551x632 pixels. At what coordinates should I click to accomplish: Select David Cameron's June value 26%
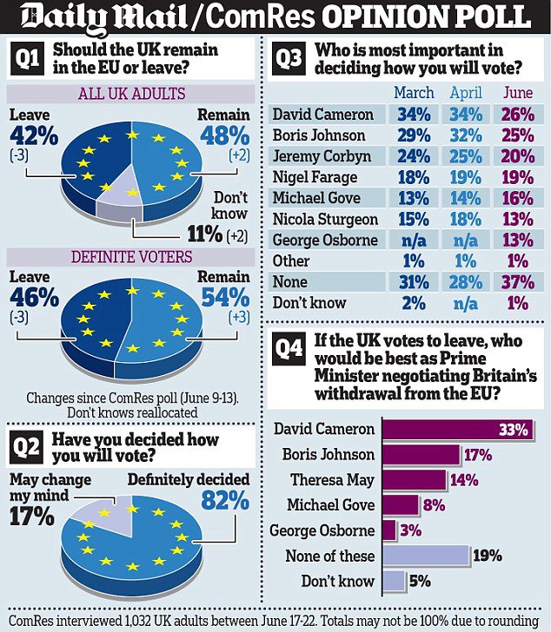[x=517, y=115]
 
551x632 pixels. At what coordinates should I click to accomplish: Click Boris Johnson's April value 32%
[x=468, y=135]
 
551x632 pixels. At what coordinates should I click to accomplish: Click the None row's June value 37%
[x=517, y=281]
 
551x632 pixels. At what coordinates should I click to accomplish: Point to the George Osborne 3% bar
[x=389, y=530]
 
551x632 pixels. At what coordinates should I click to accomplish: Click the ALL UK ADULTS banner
[x=129, y=93]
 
